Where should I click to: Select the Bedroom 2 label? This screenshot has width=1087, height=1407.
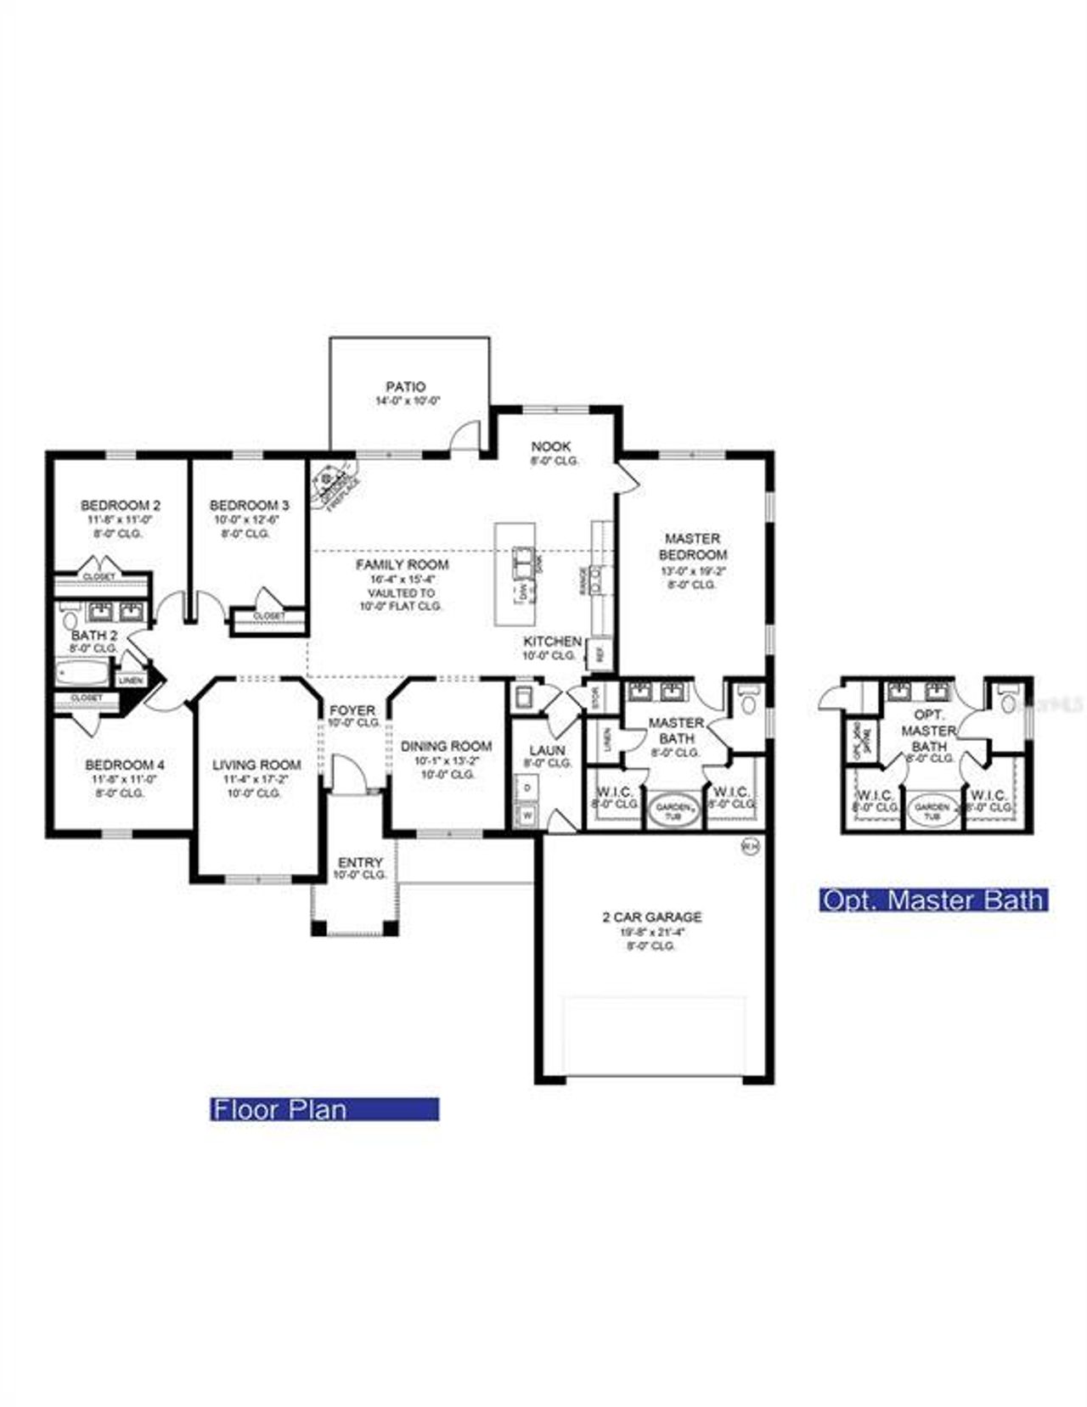click(x=121, y=505)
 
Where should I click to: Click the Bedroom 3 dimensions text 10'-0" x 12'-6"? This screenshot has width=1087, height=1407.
click(x=249, y=519)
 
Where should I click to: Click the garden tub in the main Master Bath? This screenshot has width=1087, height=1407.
click(x=676, y=810)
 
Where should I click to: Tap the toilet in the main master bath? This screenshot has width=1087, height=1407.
click(x=748, y=702)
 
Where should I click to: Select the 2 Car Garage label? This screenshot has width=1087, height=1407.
click(x=651, y=917)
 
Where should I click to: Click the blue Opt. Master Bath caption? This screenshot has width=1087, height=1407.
click(x=932, y=900)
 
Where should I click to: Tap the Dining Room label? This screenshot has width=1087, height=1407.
click(x=446, y=747)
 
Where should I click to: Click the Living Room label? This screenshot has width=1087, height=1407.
click(x=256, y=765)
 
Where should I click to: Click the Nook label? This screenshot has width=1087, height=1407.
click(x=551, y=446)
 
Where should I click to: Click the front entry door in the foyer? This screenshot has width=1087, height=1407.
click(x=346, y=776)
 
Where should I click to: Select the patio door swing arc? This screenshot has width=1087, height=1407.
click(x=465, y=434)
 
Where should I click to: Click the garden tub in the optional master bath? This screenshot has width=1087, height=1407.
click(x=932, y=810)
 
